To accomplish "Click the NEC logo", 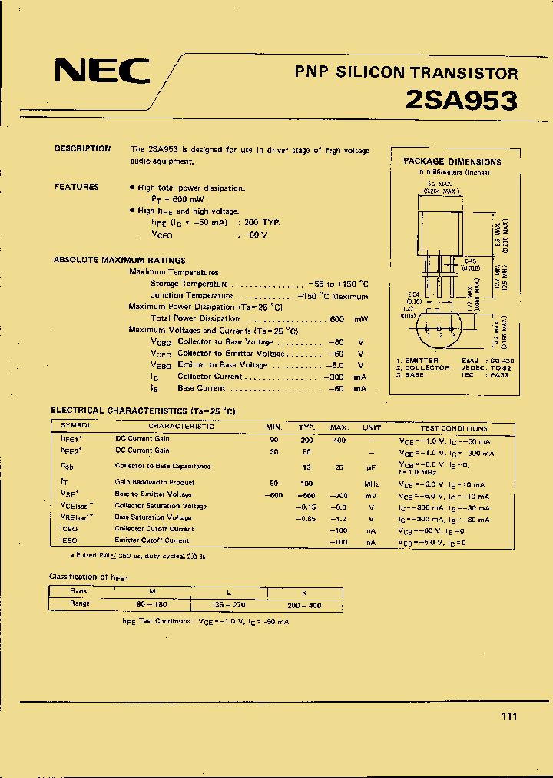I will click(101, 71).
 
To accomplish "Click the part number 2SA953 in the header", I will click(461, 100).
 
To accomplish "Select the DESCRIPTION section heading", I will click(82, 149).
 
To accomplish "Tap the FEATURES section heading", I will click(76, 187).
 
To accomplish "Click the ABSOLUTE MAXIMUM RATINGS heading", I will click(119, 261).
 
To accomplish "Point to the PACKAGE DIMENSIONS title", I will click(452, 161).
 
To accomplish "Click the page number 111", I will click(508, 716).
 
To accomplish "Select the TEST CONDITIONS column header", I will click(453, 428).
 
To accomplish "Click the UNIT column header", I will click(372, 427).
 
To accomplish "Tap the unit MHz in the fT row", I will click(372, 483).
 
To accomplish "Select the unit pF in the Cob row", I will click(372, 467).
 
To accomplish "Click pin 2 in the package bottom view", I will click(440, 334).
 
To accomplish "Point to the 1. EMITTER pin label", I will click(419, 361).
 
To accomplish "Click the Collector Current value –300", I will click(335, 377).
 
